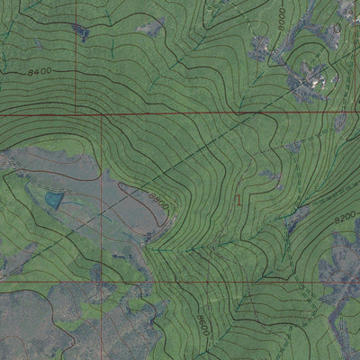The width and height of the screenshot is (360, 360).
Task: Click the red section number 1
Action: point(238,202)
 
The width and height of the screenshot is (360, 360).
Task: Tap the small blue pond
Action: point(54,200)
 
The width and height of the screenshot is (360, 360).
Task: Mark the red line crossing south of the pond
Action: point(54,281)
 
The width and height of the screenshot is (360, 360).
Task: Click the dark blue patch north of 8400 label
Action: point(81,33)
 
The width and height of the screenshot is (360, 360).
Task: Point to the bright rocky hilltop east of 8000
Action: point(315,78)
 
